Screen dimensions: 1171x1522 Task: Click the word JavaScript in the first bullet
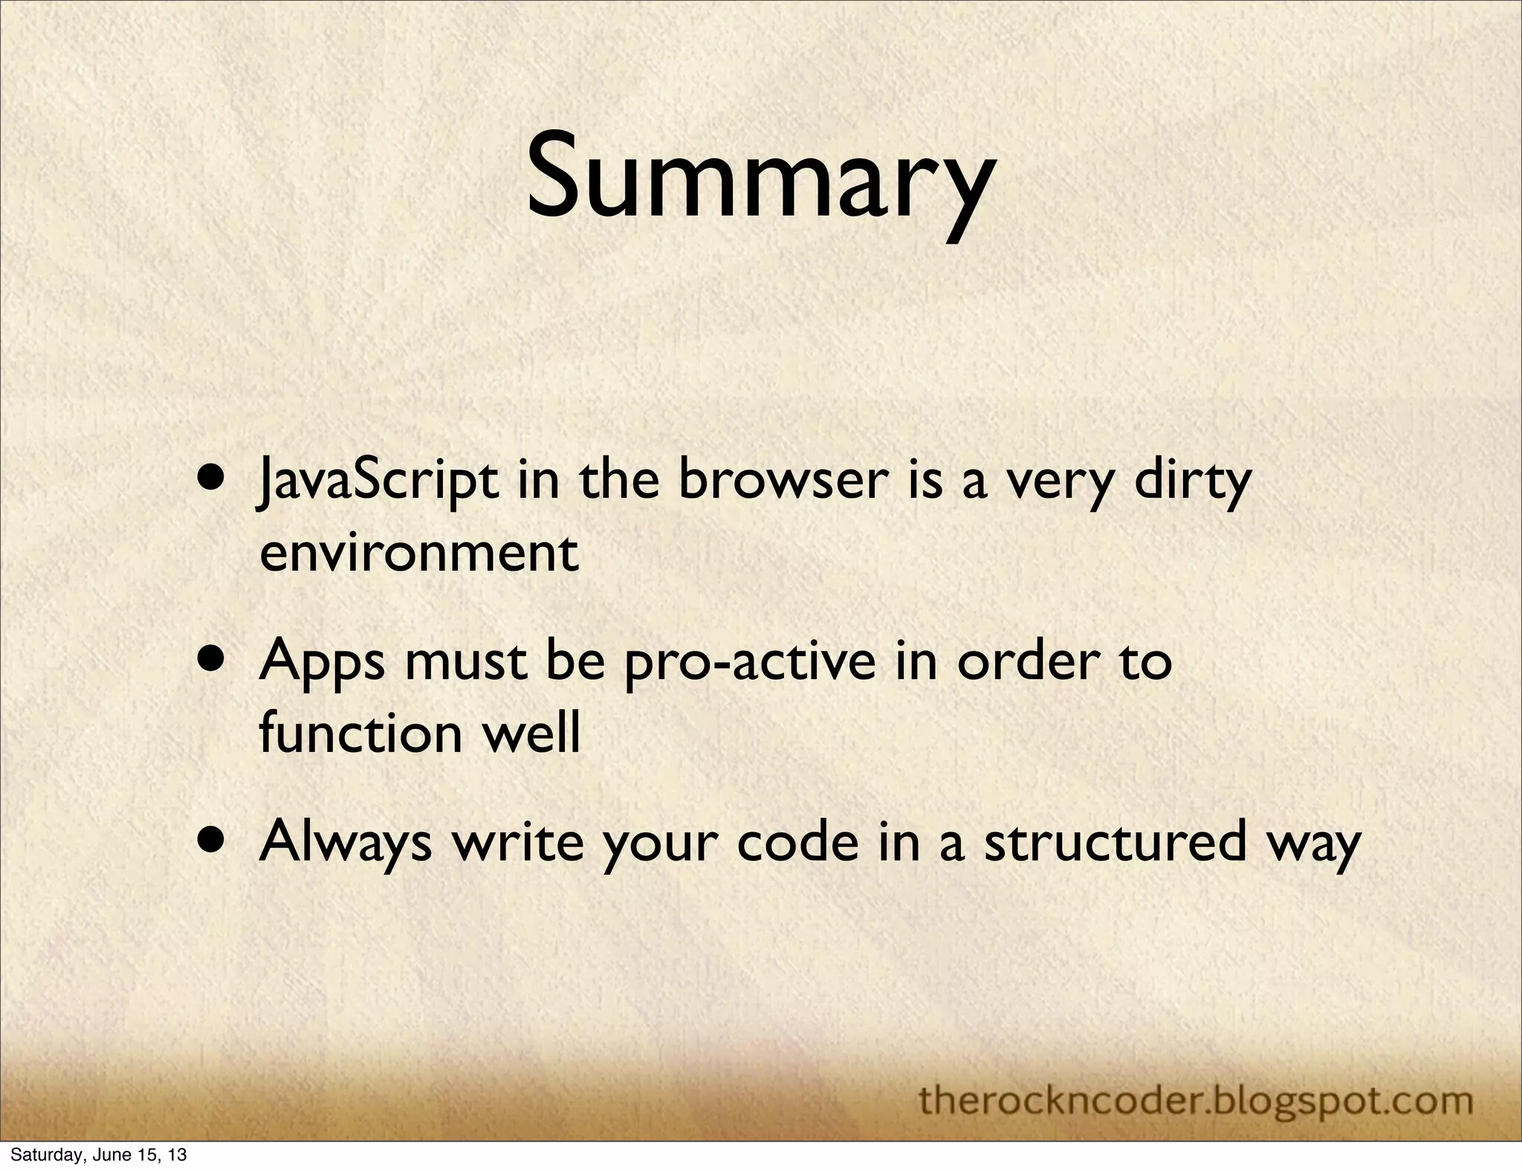(x=378, y=481)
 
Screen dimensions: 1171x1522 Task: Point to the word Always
(x=346, y=843)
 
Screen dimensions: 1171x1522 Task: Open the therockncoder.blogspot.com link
(x=1196, y=1100)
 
